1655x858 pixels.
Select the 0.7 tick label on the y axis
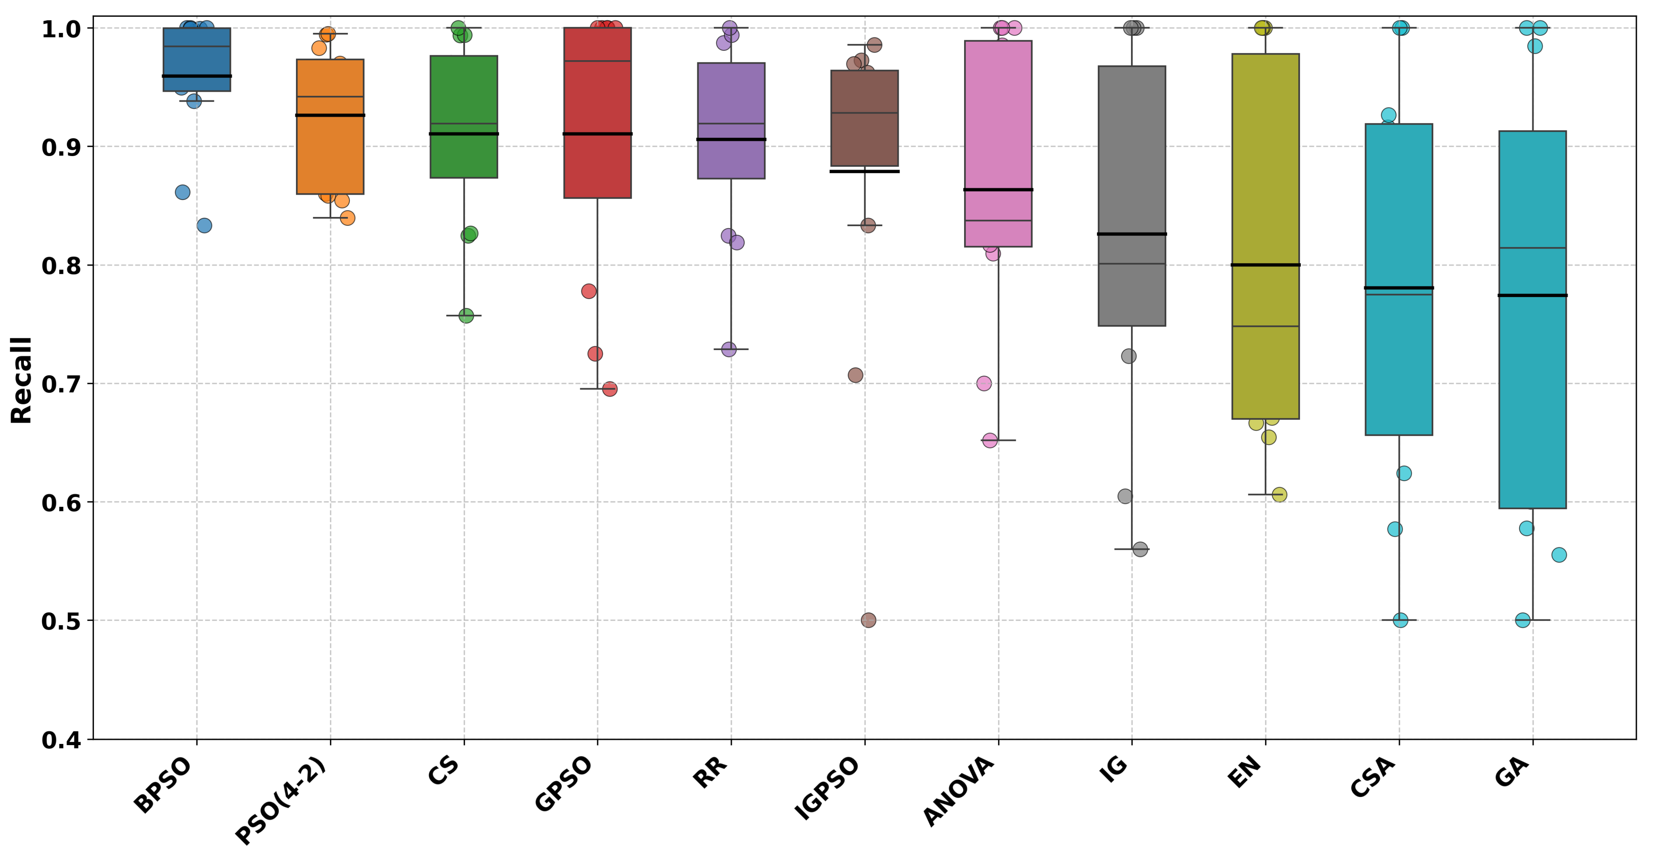click(x=61, y=384)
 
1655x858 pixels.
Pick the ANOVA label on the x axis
click(x=958, y=791)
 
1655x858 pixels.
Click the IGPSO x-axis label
click(x=827, y=789)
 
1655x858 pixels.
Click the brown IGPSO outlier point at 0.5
click(x=868, y=620)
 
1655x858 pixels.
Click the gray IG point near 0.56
click(x=1141, y=550)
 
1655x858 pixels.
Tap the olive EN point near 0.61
click(x=1279, y=495)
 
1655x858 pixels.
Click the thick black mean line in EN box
click(x=1265, y=265)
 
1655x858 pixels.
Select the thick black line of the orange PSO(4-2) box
click(x=330, y=115)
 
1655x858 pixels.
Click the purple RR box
click(x=731, y=96)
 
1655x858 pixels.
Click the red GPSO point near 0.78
click(x=589, y=291)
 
